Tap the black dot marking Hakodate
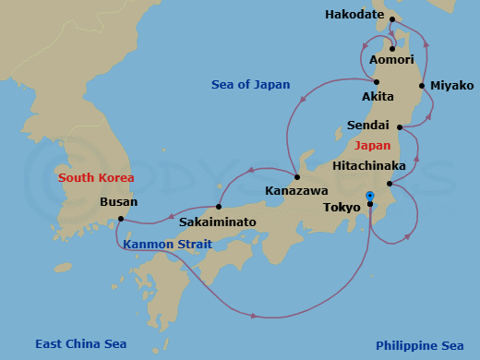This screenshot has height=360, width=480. (x=391, y=19)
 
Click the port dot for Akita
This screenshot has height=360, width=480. (x=377, y=81)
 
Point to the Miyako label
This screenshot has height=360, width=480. (x=452, y=86)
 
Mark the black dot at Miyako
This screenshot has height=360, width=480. (x=422, y=86)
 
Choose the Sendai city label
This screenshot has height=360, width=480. (x=367, y=125)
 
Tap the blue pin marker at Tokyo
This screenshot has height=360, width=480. (x=369, y=197)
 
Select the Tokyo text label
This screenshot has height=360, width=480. (x=342, y=208)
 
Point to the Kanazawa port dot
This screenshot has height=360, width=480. (x=296, y=177)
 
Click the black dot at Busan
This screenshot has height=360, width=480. (x=121, y=219)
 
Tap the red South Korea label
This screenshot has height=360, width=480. (x=95, y=177)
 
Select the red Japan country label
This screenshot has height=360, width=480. (x=373, y=146)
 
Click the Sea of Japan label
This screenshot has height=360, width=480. (x=250, y=85)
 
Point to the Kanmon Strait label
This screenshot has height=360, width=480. (x=166, y=245)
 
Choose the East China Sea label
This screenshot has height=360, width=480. (x=80, y=344)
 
